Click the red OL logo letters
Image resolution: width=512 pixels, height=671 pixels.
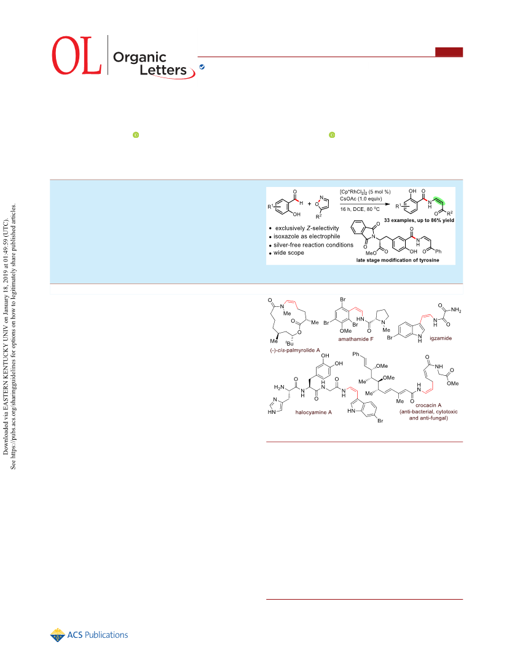click(x=77, y=55)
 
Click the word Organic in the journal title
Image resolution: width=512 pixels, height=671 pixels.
click(x=140, y=57)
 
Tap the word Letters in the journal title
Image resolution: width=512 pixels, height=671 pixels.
click(x=163, y=69)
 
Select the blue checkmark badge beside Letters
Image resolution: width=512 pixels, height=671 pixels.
click(x=202, y=67)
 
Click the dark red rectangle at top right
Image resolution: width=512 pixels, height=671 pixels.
click(x=449, y=52)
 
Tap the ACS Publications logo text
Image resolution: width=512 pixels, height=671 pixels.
click(x=98, y=635)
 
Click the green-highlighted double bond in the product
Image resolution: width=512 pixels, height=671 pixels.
click(x=439, y=201)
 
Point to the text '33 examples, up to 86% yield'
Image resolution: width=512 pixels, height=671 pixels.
click(x=419, y=220)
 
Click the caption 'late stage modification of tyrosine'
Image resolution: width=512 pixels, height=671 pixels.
click(x=398, y=260)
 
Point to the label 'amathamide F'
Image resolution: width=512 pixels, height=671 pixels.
click(x=356, y=339)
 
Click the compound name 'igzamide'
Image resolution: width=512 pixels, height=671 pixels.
click(x=441, y=338)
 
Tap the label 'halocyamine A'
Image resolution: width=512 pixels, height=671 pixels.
click(x=313, y=412)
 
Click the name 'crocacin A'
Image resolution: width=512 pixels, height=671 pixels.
click(x=428, y=405)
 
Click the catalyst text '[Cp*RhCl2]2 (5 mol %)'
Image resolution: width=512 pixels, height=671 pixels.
click(x=365, y=192)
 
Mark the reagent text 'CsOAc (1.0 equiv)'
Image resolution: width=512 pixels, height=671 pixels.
click(x=361, y=199)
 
